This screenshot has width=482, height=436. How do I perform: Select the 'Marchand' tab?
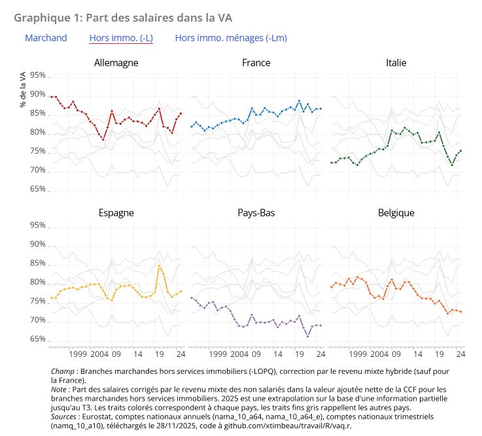[x=46, y=38]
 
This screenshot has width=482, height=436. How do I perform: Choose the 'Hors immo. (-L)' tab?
[x=121, y=38]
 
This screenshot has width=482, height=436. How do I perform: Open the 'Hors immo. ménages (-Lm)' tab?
[x=231, y=38]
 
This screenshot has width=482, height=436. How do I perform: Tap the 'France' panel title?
[x=256, y=63]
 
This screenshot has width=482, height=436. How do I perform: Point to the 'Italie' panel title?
[x=396, y=63]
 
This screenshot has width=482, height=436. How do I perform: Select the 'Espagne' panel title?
[x=116, y=213]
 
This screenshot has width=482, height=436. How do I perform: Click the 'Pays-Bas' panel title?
[x=256, y=213]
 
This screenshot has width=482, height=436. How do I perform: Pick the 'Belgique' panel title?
[x=396, y=213]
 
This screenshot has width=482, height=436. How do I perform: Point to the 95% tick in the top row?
[x=37, y=76]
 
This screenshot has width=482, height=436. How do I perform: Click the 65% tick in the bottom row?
[x=37, y=340]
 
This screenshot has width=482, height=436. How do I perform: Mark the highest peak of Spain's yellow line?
[x=159, y=265]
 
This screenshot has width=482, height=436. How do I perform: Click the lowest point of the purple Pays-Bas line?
[x=308, y=335]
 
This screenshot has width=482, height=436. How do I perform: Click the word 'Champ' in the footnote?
[x=63, y=371]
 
